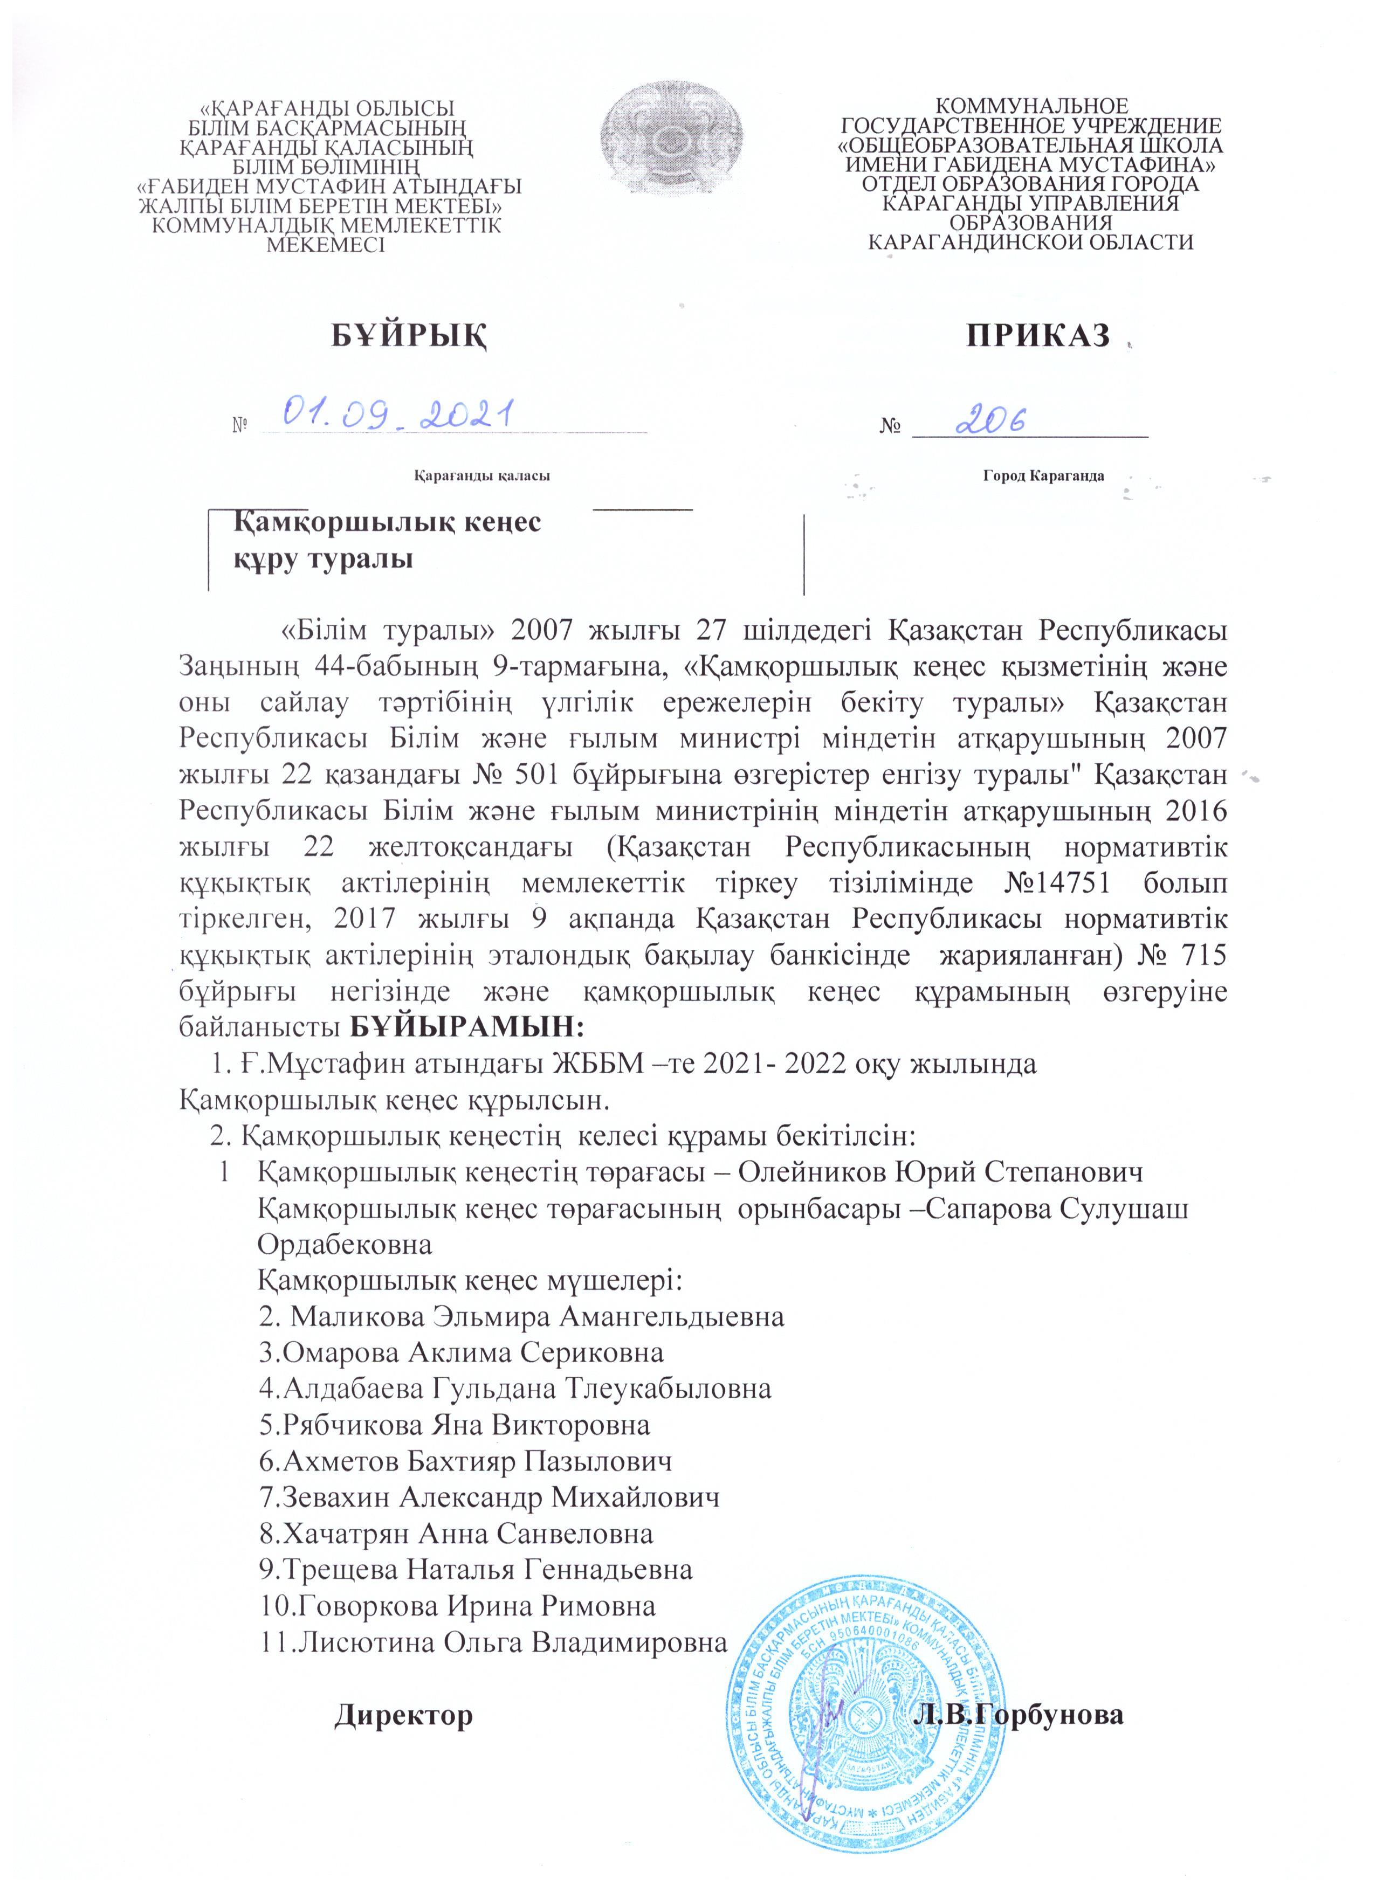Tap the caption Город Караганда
coord(1043,475)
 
